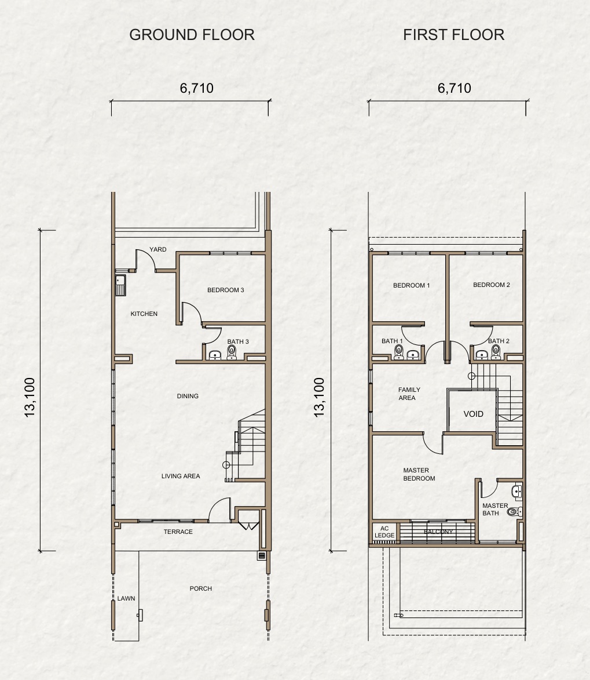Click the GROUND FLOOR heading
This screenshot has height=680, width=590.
click(x=192, y=35)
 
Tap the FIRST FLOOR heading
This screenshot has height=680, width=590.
click(x=453, y=35)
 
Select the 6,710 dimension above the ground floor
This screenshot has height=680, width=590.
click(x=197, y=88)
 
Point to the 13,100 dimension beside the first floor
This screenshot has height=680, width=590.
click(x=319, y=397)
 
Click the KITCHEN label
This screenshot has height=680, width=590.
click(x=144, y=314)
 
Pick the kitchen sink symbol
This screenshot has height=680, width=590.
click(x=120, y=285)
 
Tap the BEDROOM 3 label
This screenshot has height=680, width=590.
click(x=225, y=290)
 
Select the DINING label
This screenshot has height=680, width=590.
click(x=188, y=396)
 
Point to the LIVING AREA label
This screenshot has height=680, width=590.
click(x=181, y=476)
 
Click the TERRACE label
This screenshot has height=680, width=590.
click(x=178, y=532)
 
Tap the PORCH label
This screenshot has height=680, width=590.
click(x=200, y=588)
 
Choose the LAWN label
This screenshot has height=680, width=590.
click(x=126, y=598)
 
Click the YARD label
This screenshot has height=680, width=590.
click(x=157, y=249)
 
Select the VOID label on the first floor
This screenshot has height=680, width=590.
click(x=473, y=414)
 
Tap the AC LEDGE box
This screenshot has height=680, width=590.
click(x=384, y=532)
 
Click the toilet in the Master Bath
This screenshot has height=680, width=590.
click(x=515, y=512)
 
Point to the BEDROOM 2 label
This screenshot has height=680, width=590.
click(x=491, y=285)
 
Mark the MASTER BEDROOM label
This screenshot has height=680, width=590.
click(x=419, y=474)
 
